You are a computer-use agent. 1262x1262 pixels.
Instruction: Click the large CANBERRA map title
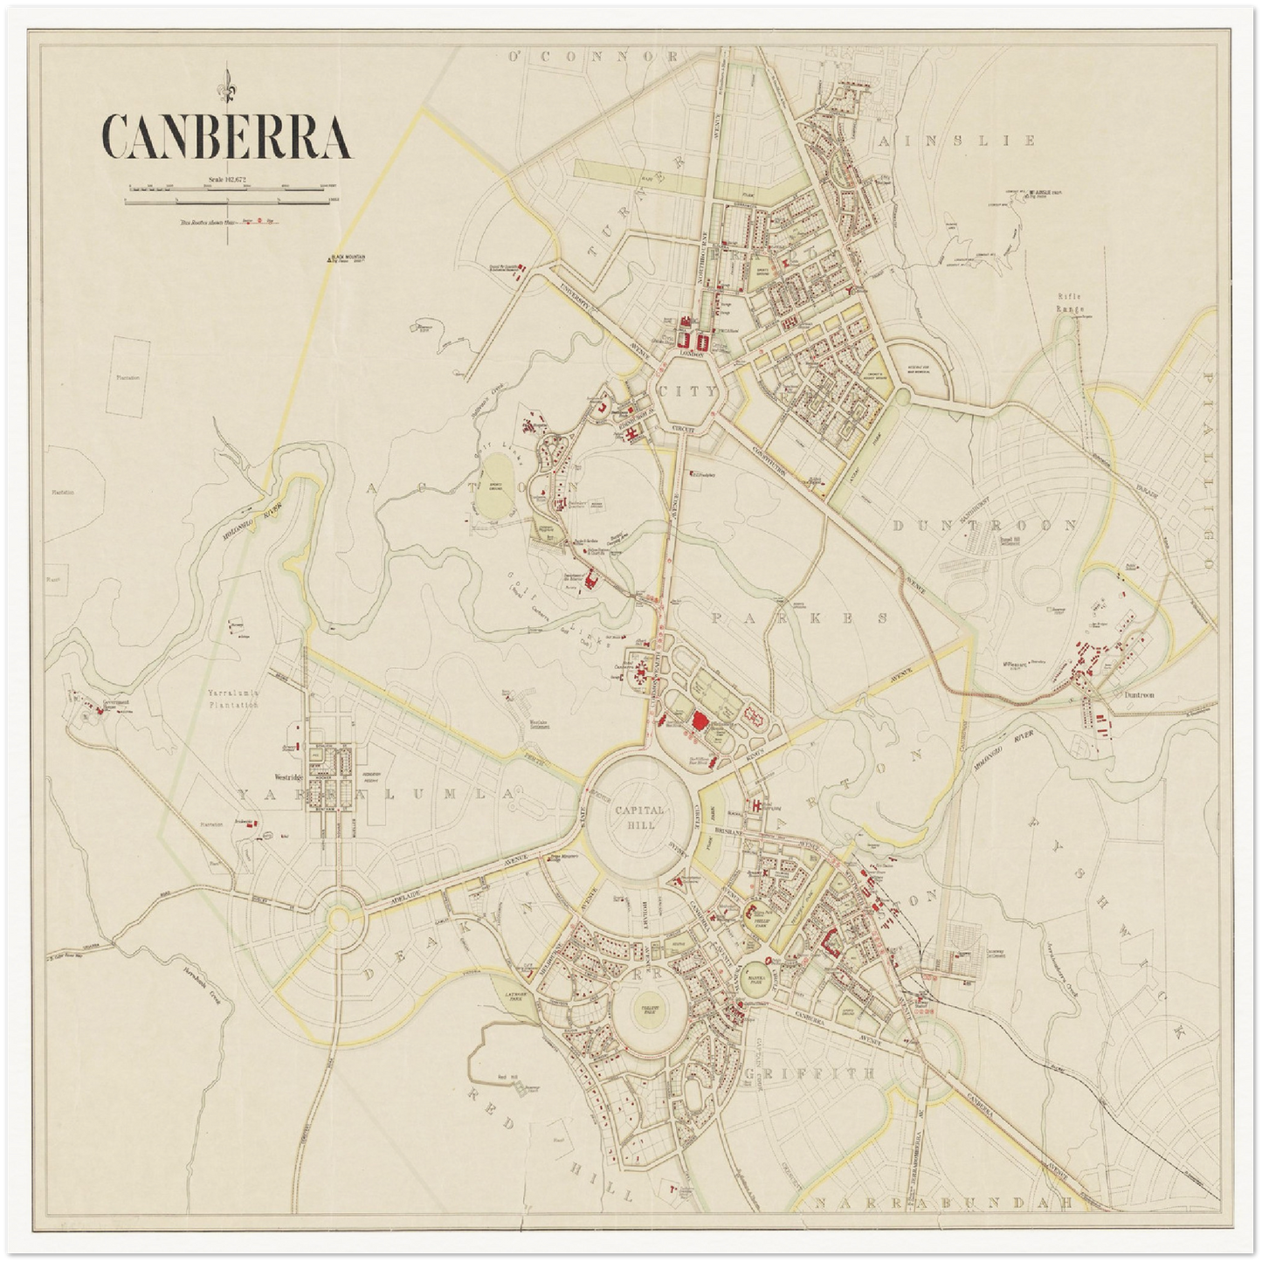[226, 136]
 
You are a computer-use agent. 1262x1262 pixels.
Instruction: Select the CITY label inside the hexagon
[690, 392]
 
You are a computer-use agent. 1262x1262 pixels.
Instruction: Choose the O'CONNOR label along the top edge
[594, 57]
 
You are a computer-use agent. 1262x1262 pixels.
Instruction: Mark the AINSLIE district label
[958, 141]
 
